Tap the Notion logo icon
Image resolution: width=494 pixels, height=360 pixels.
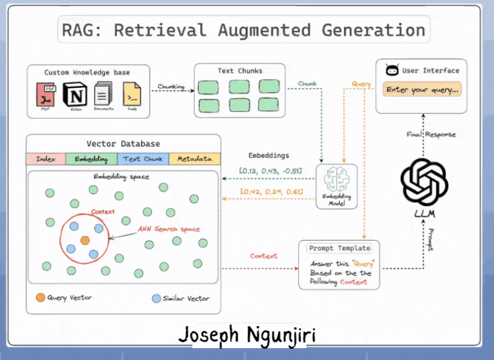coord(74,95)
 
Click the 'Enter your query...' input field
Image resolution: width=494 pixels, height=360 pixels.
coord(422,90)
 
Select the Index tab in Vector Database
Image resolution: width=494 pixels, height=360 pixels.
coord(46,159)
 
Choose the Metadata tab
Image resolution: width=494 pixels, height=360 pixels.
coord(194,159)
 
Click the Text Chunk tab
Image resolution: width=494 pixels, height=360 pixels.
coord(142,159)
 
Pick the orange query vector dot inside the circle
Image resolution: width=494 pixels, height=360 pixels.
coord(85,241)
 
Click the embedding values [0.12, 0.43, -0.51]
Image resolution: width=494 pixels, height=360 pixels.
coord(271,172)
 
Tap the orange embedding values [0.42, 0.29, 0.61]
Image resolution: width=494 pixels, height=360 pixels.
coord(271,191)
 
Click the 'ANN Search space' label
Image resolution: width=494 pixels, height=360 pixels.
coord(169,229)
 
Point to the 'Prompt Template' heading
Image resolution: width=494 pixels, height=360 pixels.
coord(339,248)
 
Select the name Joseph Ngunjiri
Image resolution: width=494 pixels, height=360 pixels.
coord(247,336)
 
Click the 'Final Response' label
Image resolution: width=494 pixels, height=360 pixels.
coord(431,135)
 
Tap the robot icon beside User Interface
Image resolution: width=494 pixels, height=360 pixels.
coord(392,71)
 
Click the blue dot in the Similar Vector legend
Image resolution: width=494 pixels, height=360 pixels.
coord(156,298)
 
